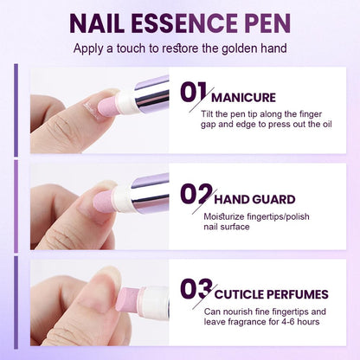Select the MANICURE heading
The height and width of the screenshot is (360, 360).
243,98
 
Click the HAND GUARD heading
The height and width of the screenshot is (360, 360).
255,198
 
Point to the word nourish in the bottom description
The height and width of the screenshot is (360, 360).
247,311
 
